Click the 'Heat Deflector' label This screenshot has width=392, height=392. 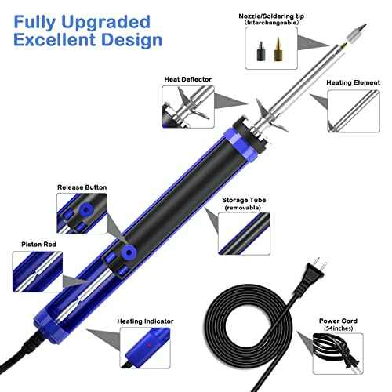pyautogui.click(x=186, y=78)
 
